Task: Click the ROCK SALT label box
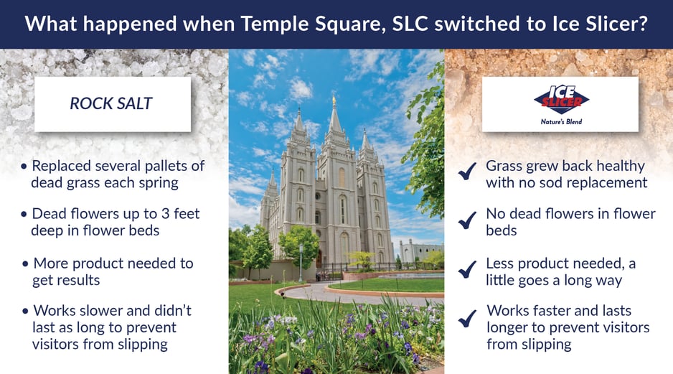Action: (113, 104)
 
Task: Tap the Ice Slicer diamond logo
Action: (561, 100)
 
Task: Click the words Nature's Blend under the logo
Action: (561, 122)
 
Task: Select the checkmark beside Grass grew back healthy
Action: (467, 171)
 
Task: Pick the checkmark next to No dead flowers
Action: (467, 220)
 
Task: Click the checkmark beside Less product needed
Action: (467, 269)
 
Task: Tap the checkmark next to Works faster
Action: (467, 319)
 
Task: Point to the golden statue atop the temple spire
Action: (334, 101)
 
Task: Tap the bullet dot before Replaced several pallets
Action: (24, 167)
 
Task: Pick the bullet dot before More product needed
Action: (25, 263)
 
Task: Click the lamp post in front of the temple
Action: (301, 262)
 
